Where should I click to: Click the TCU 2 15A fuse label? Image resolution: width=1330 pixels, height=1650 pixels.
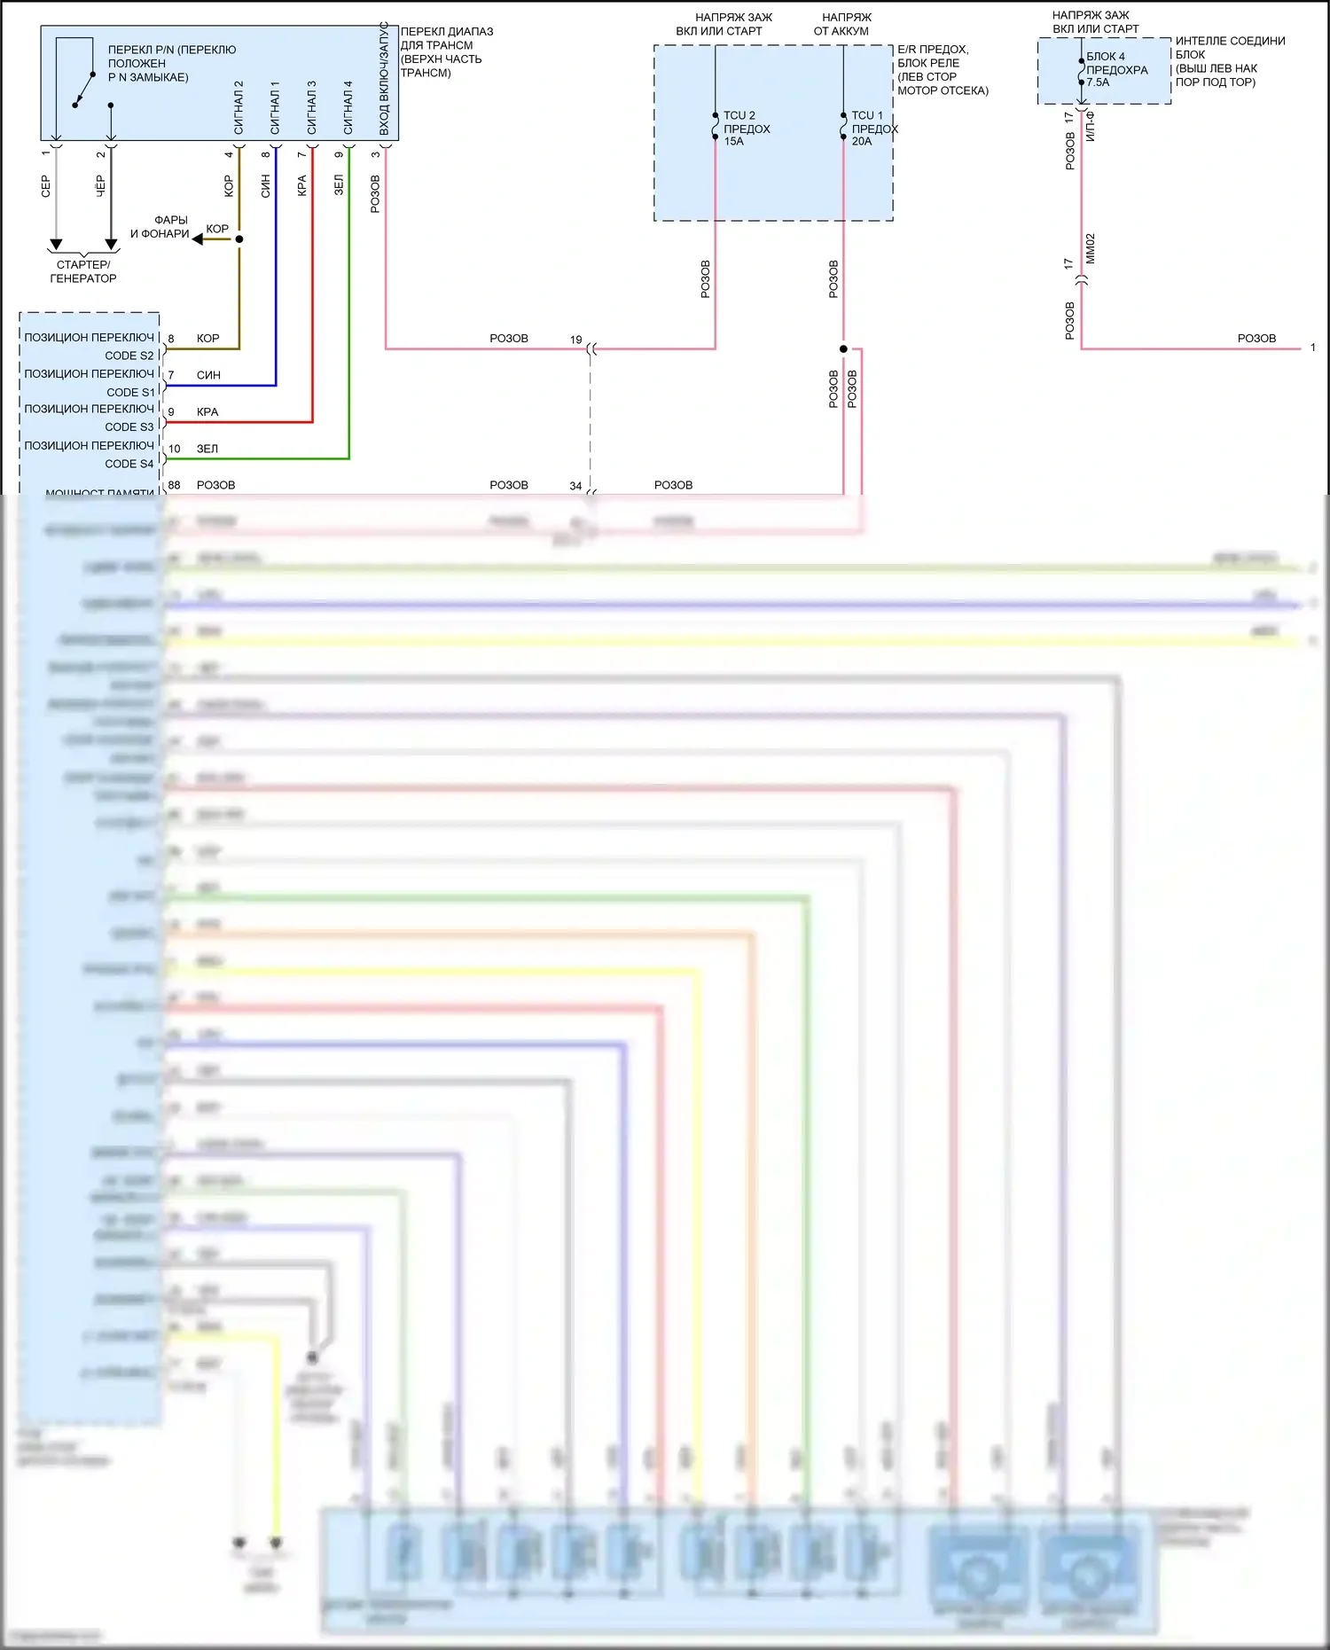(746, 129)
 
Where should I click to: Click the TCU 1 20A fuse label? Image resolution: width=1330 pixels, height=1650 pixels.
(873, 129)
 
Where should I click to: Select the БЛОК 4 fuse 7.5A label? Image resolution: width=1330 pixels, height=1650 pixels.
(1116, 69)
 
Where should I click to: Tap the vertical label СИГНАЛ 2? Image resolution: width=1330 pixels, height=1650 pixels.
(239, 107)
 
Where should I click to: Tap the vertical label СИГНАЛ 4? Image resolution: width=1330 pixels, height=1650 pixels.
(348, 107)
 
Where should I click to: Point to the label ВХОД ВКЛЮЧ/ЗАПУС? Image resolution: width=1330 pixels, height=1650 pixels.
(384, 80)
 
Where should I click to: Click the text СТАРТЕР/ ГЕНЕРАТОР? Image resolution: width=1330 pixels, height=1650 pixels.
(83, 271)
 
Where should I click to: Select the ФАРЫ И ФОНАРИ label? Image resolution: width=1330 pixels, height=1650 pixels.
(160, 227)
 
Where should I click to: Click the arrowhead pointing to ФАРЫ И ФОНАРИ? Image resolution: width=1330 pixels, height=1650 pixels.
(198, 239)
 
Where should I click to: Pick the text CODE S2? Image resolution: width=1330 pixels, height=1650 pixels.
(129, 356)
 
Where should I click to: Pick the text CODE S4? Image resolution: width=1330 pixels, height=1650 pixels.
(129, 464)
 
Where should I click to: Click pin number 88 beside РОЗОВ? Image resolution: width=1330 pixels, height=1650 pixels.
(174, 485)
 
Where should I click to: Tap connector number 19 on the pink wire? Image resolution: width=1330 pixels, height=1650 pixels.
(575, 340)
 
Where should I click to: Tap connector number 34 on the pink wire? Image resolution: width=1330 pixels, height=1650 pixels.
(575, 486)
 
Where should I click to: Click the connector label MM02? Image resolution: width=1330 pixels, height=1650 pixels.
(1091, 248)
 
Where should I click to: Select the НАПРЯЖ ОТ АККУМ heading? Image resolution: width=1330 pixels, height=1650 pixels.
(843, 24)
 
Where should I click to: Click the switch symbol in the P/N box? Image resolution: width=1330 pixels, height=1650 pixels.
(85, 90)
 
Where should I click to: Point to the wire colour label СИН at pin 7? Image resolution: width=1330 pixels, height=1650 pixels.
(208, 375)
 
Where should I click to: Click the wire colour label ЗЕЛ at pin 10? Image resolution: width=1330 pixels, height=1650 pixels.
(207, 449)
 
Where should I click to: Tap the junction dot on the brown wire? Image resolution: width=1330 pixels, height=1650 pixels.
(239, 239)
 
